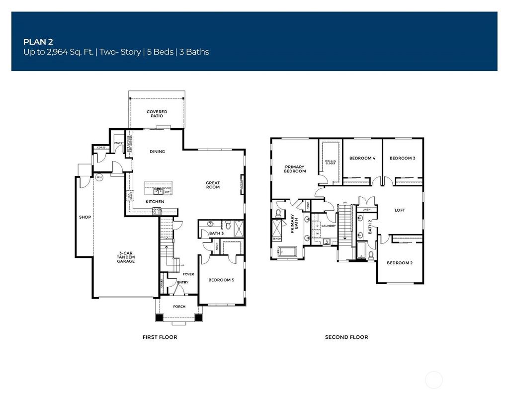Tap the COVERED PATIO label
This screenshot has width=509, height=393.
pyautogui.click(x=157, y=114)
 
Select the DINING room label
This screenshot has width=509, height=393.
pyautogui.click(x=157, y=152)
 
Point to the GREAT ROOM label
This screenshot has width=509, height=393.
pyautogui.click(x=213, y=185)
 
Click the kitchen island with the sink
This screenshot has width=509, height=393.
pyautogui.click(x=159, y=188)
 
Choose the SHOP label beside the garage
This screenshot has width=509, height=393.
pyautogui.click(x=85, y=217)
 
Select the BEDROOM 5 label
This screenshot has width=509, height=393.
pyautogui.click(x=221, y=280)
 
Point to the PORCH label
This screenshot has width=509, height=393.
pyautogui.click(x=179, y=307)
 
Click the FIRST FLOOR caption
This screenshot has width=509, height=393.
pyautogui.click(x=160, y=337)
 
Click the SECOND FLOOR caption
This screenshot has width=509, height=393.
pyautogui.click(x=346, y=337)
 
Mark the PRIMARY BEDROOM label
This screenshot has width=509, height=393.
pyautogui.click(x=295, y=169)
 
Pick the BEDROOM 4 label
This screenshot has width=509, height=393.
pyautogui.click(x=362, y=158)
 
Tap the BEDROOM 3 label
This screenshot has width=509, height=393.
pyautogui.click(x=402, y=158)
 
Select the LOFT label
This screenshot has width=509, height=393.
pyautogui.click(x=400, y=210)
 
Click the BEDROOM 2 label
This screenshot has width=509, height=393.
pyautogui.click(x=400, y=263)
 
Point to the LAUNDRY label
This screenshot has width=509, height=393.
pyautogui.click(x=329, y=226)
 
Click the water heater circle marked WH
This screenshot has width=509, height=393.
pyautogui.click(x=99, y=177)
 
